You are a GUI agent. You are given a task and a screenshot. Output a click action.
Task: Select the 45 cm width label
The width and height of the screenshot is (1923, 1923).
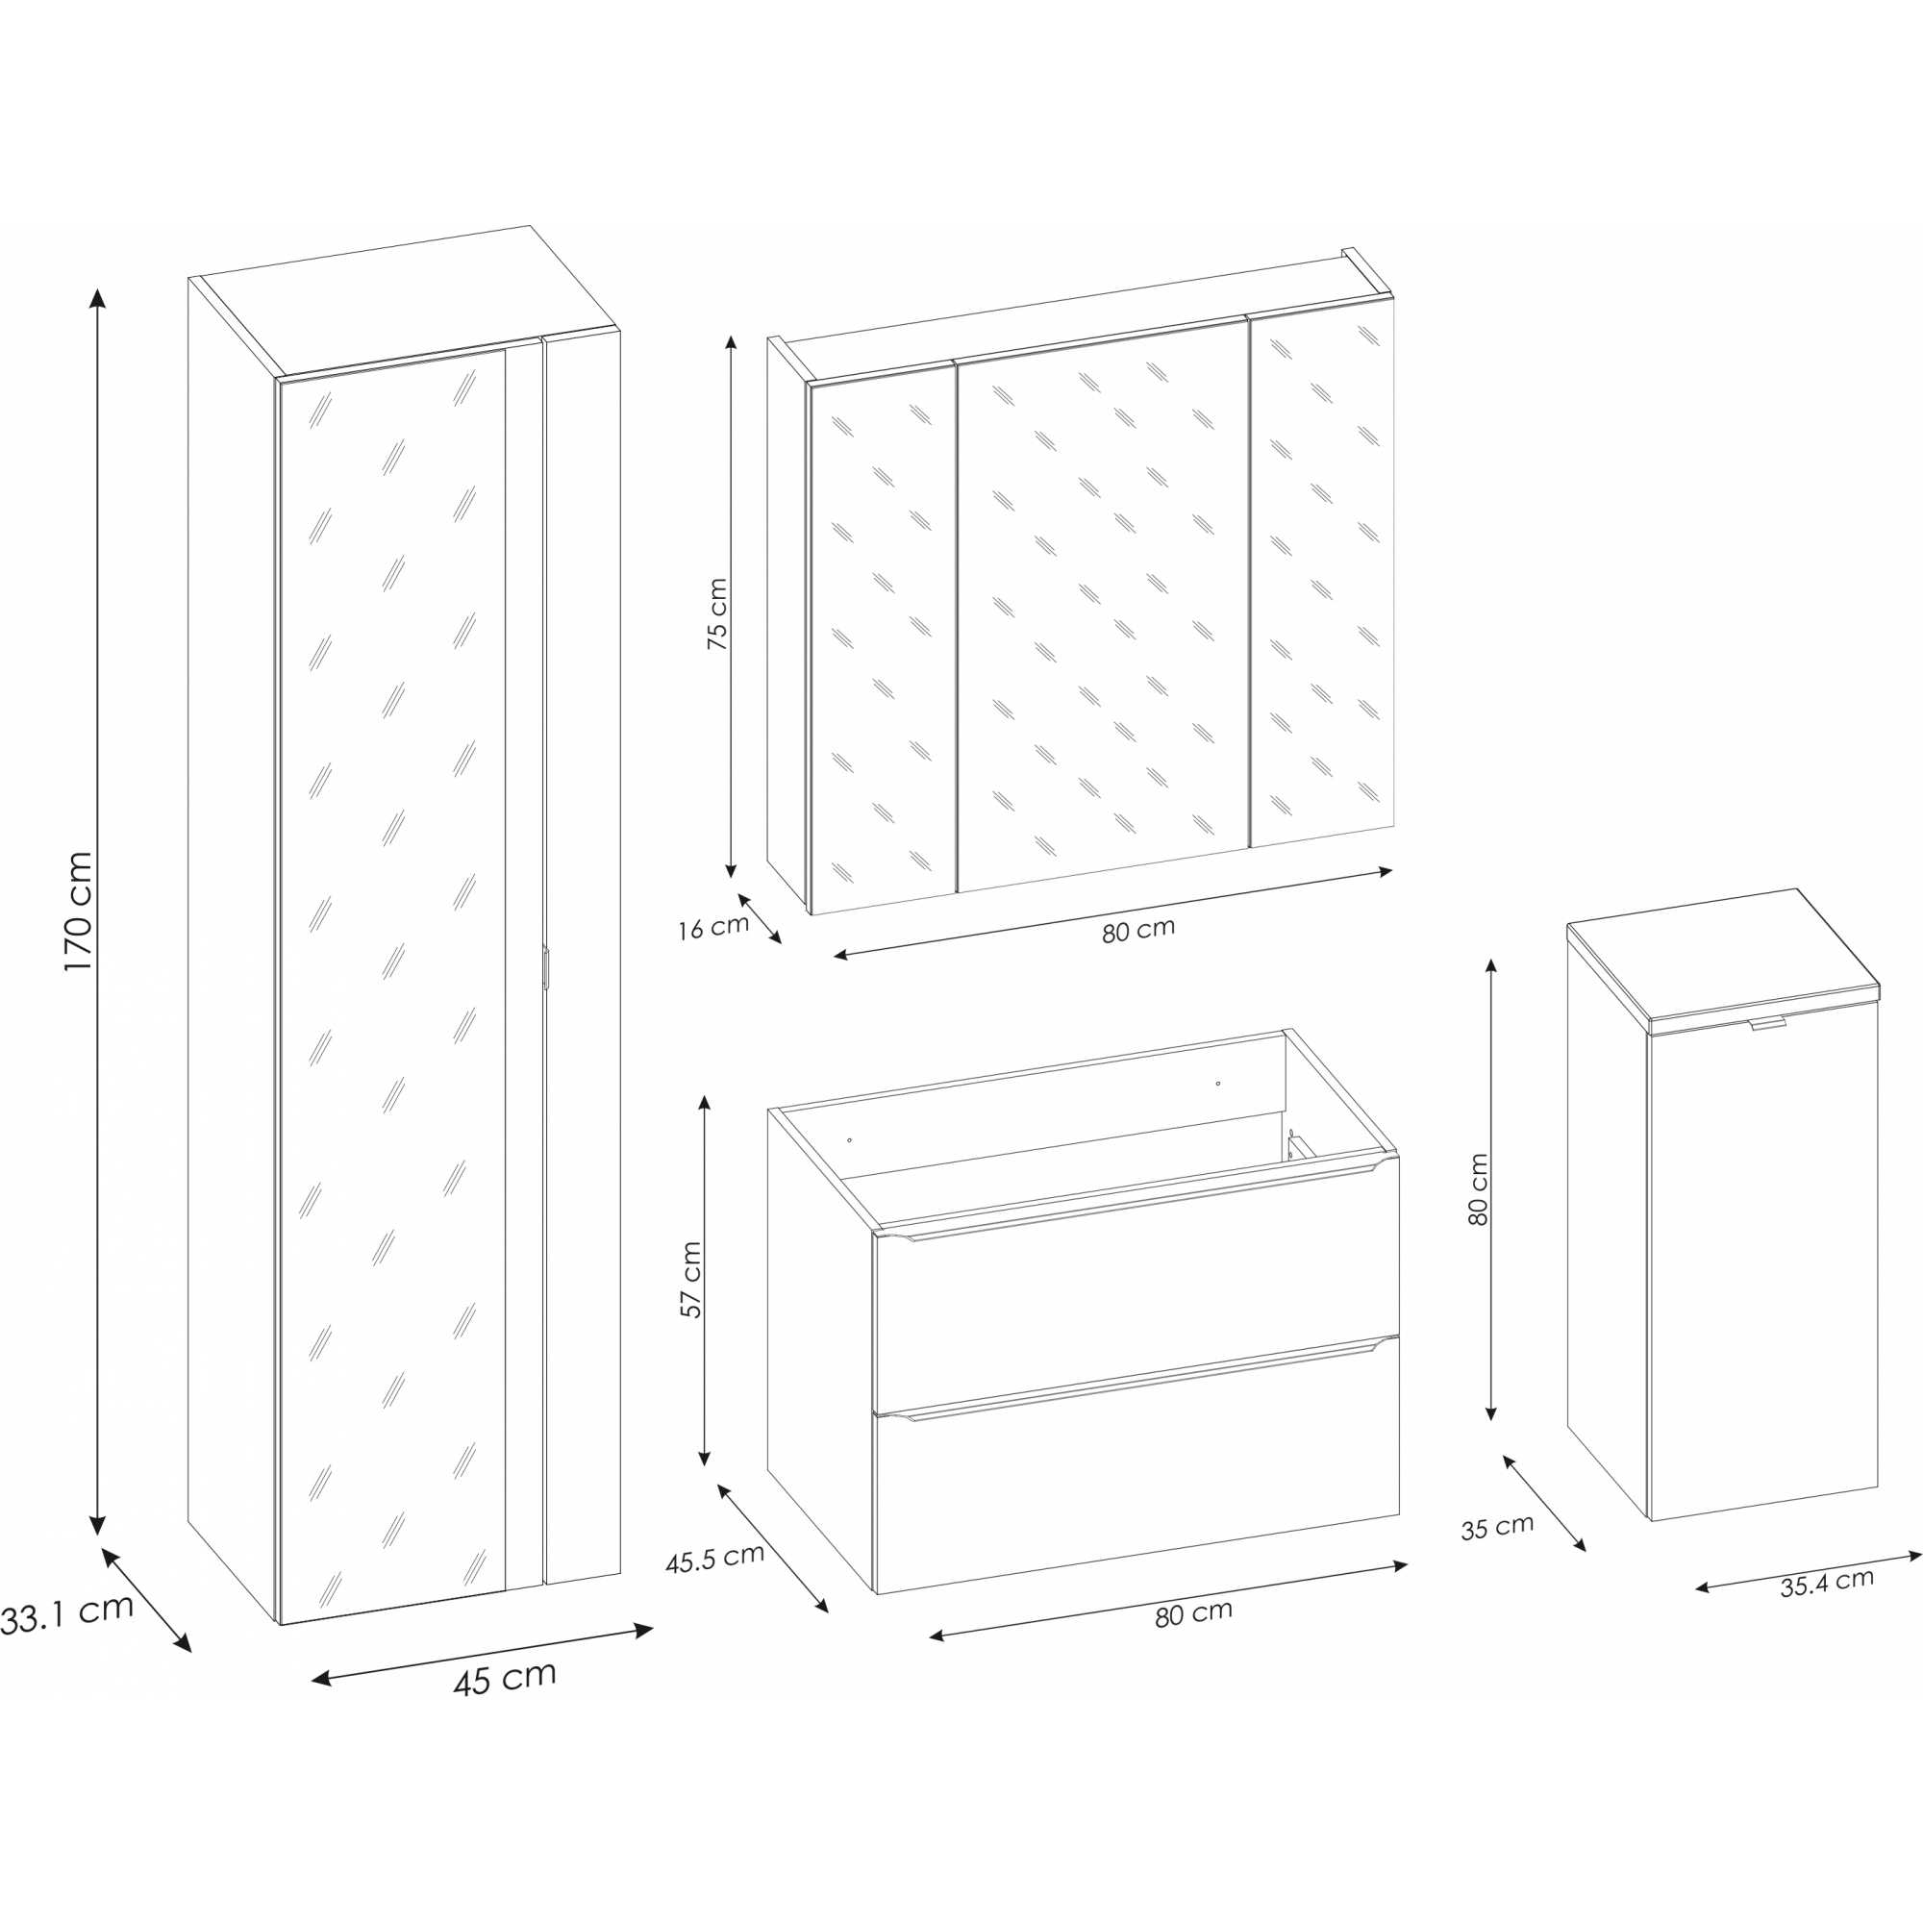(505, 1679)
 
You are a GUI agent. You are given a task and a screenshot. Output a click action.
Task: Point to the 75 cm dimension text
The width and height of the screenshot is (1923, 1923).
(716, 614)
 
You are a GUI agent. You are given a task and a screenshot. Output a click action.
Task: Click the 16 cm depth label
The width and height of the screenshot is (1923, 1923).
(712, 928)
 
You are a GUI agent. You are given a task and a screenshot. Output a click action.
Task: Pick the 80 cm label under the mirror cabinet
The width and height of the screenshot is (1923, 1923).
(1138, 931)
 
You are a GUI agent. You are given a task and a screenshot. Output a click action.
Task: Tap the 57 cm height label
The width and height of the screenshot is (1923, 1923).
(690, 1280)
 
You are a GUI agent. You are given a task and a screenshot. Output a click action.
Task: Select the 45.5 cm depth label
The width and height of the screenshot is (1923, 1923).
(714, 1558)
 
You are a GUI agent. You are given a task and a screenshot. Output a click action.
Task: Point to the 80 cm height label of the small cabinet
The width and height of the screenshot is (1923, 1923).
(1478, 1189)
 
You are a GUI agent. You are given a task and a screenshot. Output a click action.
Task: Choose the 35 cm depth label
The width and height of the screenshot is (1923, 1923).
(1497, 1527)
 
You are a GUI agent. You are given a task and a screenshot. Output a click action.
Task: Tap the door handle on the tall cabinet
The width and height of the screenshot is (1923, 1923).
(545, 967)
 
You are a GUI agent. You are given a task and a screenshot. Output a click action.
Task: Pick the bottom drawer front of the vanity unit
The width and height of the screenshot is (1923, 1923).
(1136, 1464)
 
